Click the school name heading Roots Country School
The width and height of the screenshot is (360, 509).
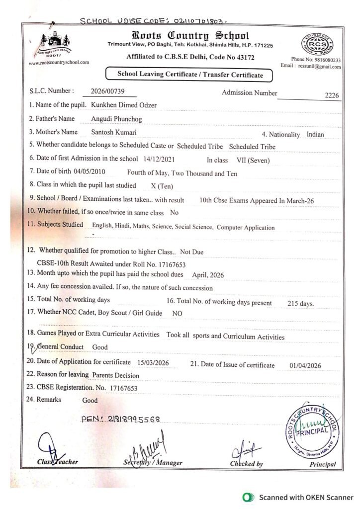pos(190,36)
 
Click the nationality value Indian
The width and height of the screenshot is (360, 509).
pos(316,135)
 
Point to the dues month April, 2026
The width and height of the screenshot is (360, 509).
pos(201,274)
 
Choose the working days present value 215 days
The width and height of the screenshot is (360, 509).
pos(301,303)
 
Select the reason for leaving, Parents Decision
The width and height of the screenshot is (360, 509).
pos(116,375)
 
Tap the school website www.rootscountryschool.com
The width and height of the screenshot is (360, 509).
pos(59,63)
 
